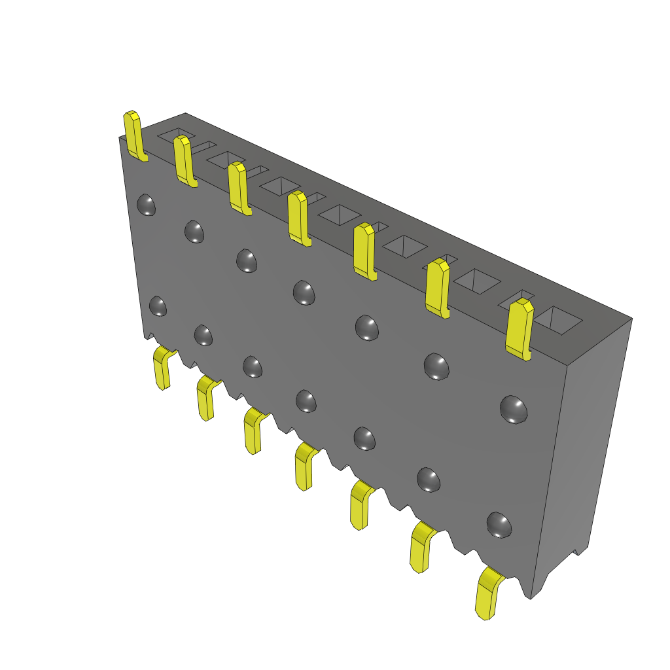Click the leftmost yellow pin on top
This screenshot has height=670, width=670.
tap(134, 134)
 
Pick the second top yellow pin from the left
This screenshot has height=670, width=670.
tap(184, 160)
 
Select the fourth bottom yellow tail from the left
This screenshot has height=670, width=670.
tap(304, 466)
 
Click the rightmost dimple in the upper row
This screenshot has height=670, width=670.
tap(514, 409)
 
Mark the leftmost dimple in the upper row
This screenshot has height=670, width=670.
tap(147, 205)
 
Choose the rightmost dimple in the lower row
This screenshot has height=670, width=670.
tap(499, 525)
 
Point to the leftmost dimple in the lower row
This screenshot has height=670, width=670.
tap(158, 306)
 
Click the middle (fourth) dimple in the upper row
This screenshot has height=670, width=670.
tap(304, 292)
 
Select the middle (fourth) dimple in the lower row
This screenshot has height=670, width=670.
tap(306, 400)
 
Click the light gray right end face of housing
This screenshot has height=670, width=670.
tap(582, 445)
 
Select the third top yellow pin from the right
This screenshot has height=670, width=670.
tap(364, 251)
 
